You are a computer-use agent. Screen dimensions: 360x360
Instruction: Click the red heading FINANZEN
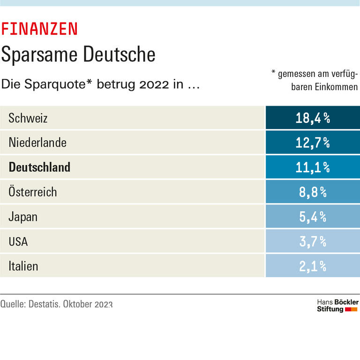[x=39, y=29]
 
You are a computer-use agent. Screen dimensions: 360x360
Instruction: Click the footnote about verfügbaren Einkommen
[x=315, y=80]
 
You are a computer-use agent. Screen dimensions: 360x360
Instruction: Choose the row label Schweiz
[x=28, y=118]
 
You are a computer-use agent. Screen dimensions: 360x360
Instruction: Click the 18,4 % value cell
[x=313, y=118]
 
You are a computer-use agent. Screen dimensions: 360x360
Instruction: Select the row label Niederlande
[x=37, y=143]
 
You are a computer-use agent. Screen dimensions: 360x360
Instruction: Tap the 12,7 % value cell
[x=313, y=143]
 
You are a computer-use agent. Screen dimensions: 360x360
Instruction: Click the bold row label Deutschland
[x=39, y=167]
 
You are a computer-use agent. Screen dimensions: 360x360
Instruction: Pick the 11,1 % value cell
[x=313, y=167]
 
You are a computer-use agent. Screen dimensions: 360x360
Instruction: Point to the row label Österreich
[x=33, y=192]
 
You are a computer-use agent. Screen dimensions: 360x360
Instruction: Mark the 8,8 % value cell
[x=313, y=192]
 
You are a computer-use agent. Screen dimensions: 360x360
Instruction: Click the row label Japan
[x=23, y=217]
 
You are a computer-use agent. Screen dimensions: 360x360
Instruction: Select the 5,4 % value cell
[x=313, y=217]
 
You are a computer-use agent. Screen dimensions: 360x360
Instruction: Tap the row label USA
[x=18, y=242]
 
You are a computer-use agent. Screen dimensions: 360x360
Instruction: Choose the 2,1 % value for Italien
[x=313, y=267]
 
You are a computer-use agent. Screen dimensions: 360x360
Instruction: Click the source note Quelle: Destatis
[x=56, y=304]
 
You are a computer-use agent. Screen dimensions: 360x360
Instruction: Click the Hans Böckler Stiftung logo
[x=337, y=306]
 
